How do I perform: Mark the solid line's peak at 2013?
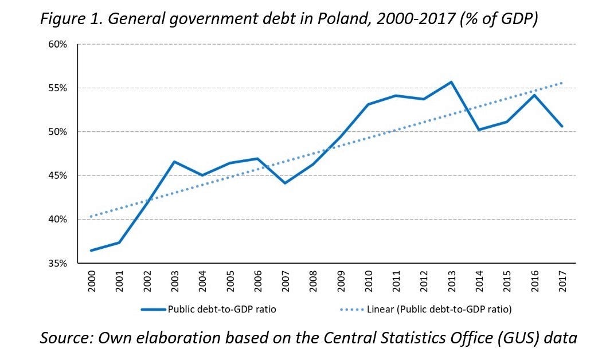pos(451,82)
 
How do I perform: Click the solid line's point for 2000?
pos(92,251)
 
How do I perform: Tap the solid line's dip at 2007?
pos(285,183)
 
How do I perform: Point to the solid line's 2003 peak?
pos(174,162)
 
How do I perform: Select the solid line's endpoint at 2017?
pos(562,126)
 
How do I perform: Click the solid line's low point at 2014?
pos(479,130)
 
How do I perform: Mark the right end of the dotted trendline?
pos(562,83)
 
